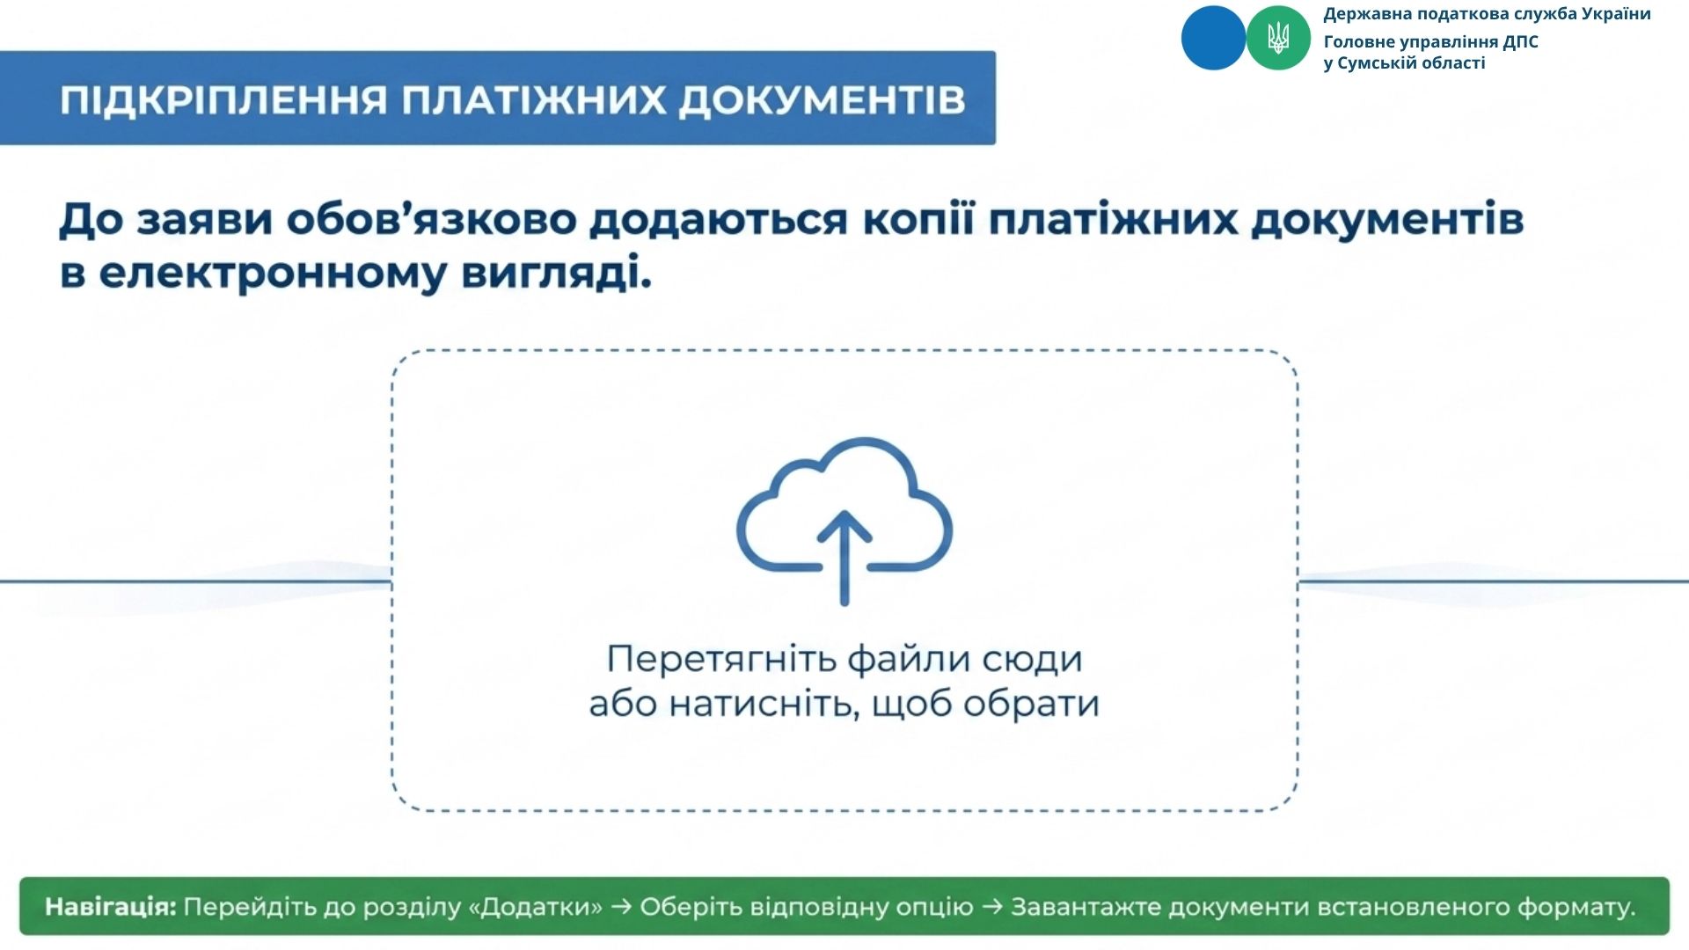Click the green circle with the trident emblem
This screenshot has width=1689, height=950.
(1278, 38)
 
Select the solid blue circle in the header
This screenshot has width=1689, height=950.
(1213, 38)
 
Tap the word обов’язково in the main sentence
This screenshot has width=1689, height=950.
(430, 220)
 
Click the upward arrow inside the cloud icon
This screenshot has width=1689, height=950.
(844, 557)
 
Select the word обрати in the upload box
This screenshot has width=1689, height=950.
(1031, 704)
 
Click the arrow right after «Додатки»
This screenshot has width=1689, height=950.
(621, 907)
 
